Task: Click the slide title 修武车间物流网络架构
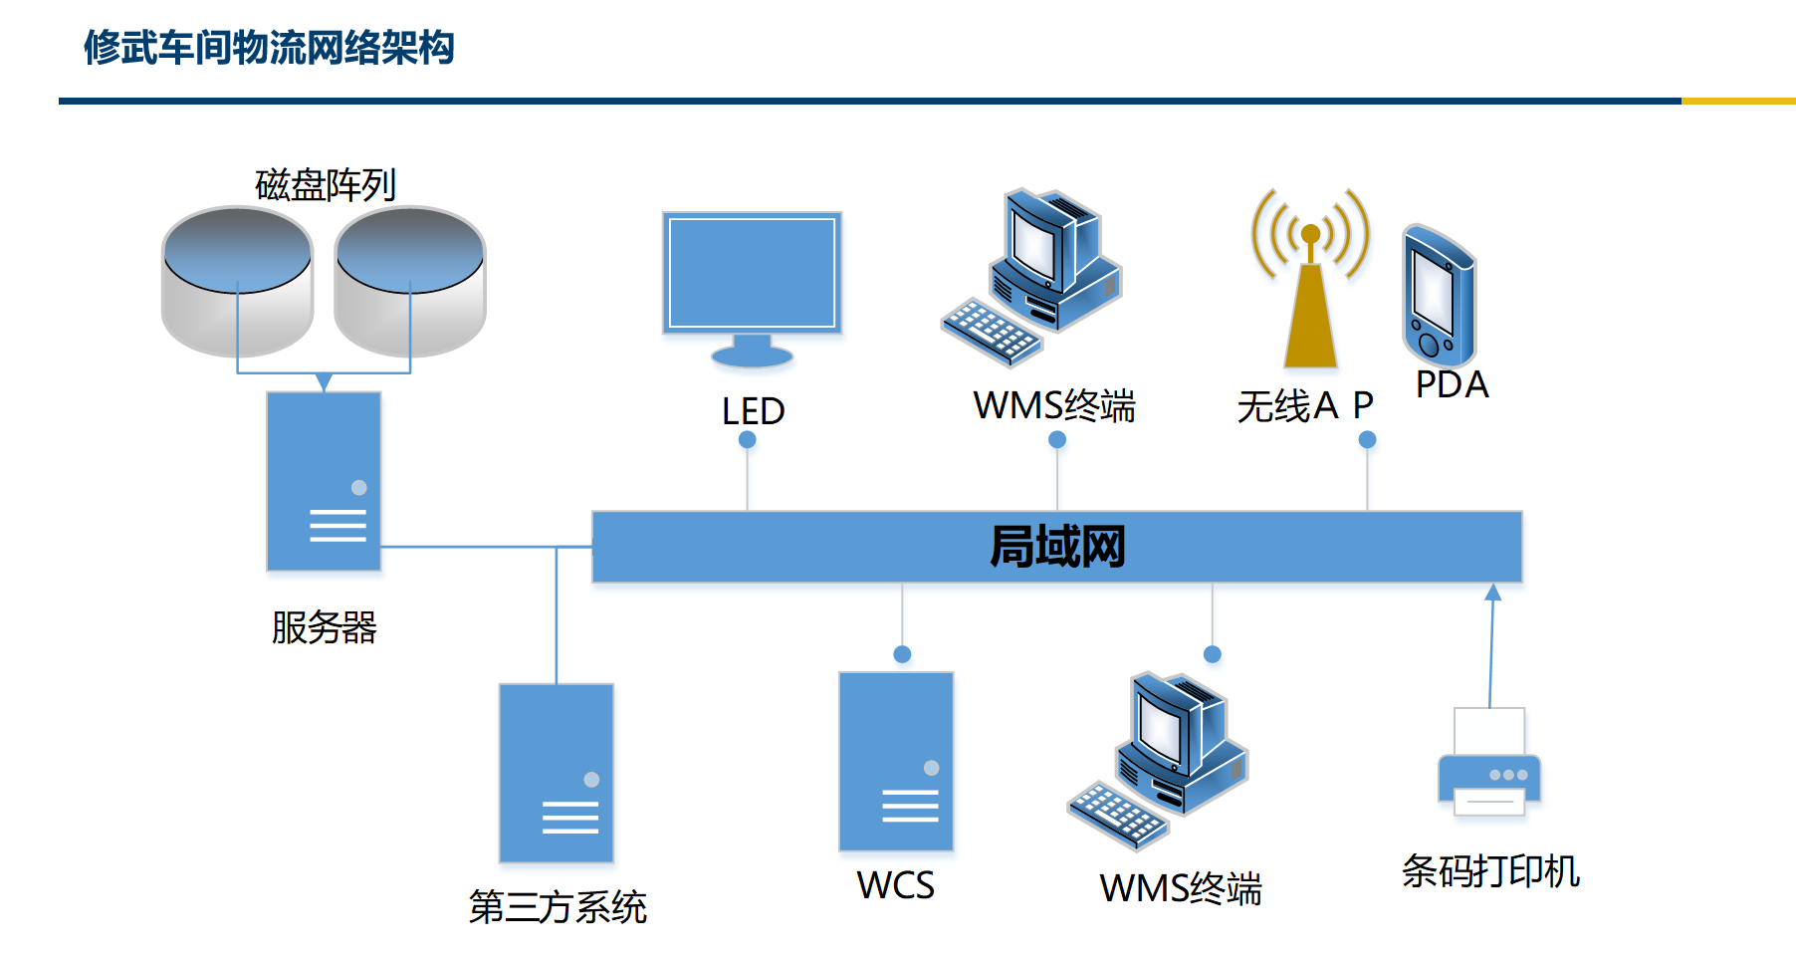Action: coord(269,48)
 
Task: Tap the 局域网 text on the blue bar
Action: coord(1057,547)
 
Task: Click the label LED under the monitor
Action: coord(754,410)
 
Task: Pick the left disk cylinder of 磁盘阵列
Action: coord(237,281)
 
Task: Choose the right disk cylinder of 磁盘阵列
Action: coord(410,281)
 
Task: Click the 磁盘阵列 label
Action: coord(326,185)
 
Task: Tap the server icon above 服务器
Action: coord(324,481)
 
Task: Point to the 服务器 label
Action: coord(325,627)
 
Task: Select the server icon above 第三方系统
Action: coord(557,773)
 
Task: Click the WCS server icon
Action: coord(896,762)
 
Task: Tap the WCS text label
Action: coord(896,885)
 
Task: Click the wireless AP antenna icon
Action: coord(1310,278)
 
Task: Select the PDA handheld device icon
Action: coord(1439,296)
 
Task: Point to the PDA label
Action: coord(1453,384)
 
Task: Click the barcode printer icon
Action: coord(1489,762)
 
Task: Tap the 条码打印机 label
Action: coord(1490,870)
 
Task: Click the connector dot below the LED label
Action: coord(748,439)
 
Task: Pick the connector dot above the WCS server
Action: coord(902,654)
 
